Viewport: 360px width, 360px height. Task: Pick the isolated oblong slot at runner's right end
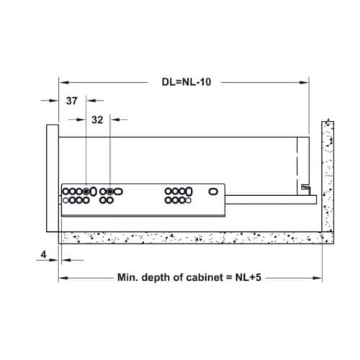[x=213, y=192]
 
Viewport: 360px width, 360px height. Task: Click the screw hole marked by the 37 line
[x=86, y=192]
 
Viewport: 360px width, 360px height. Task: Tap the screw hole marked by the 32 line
[x=109, y=192]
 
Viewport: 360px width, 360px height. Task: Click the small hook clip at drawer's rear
[x=306, y=189]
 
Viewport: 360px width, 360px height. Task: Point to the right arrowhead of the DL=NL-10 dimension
[x=307, y=83]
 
